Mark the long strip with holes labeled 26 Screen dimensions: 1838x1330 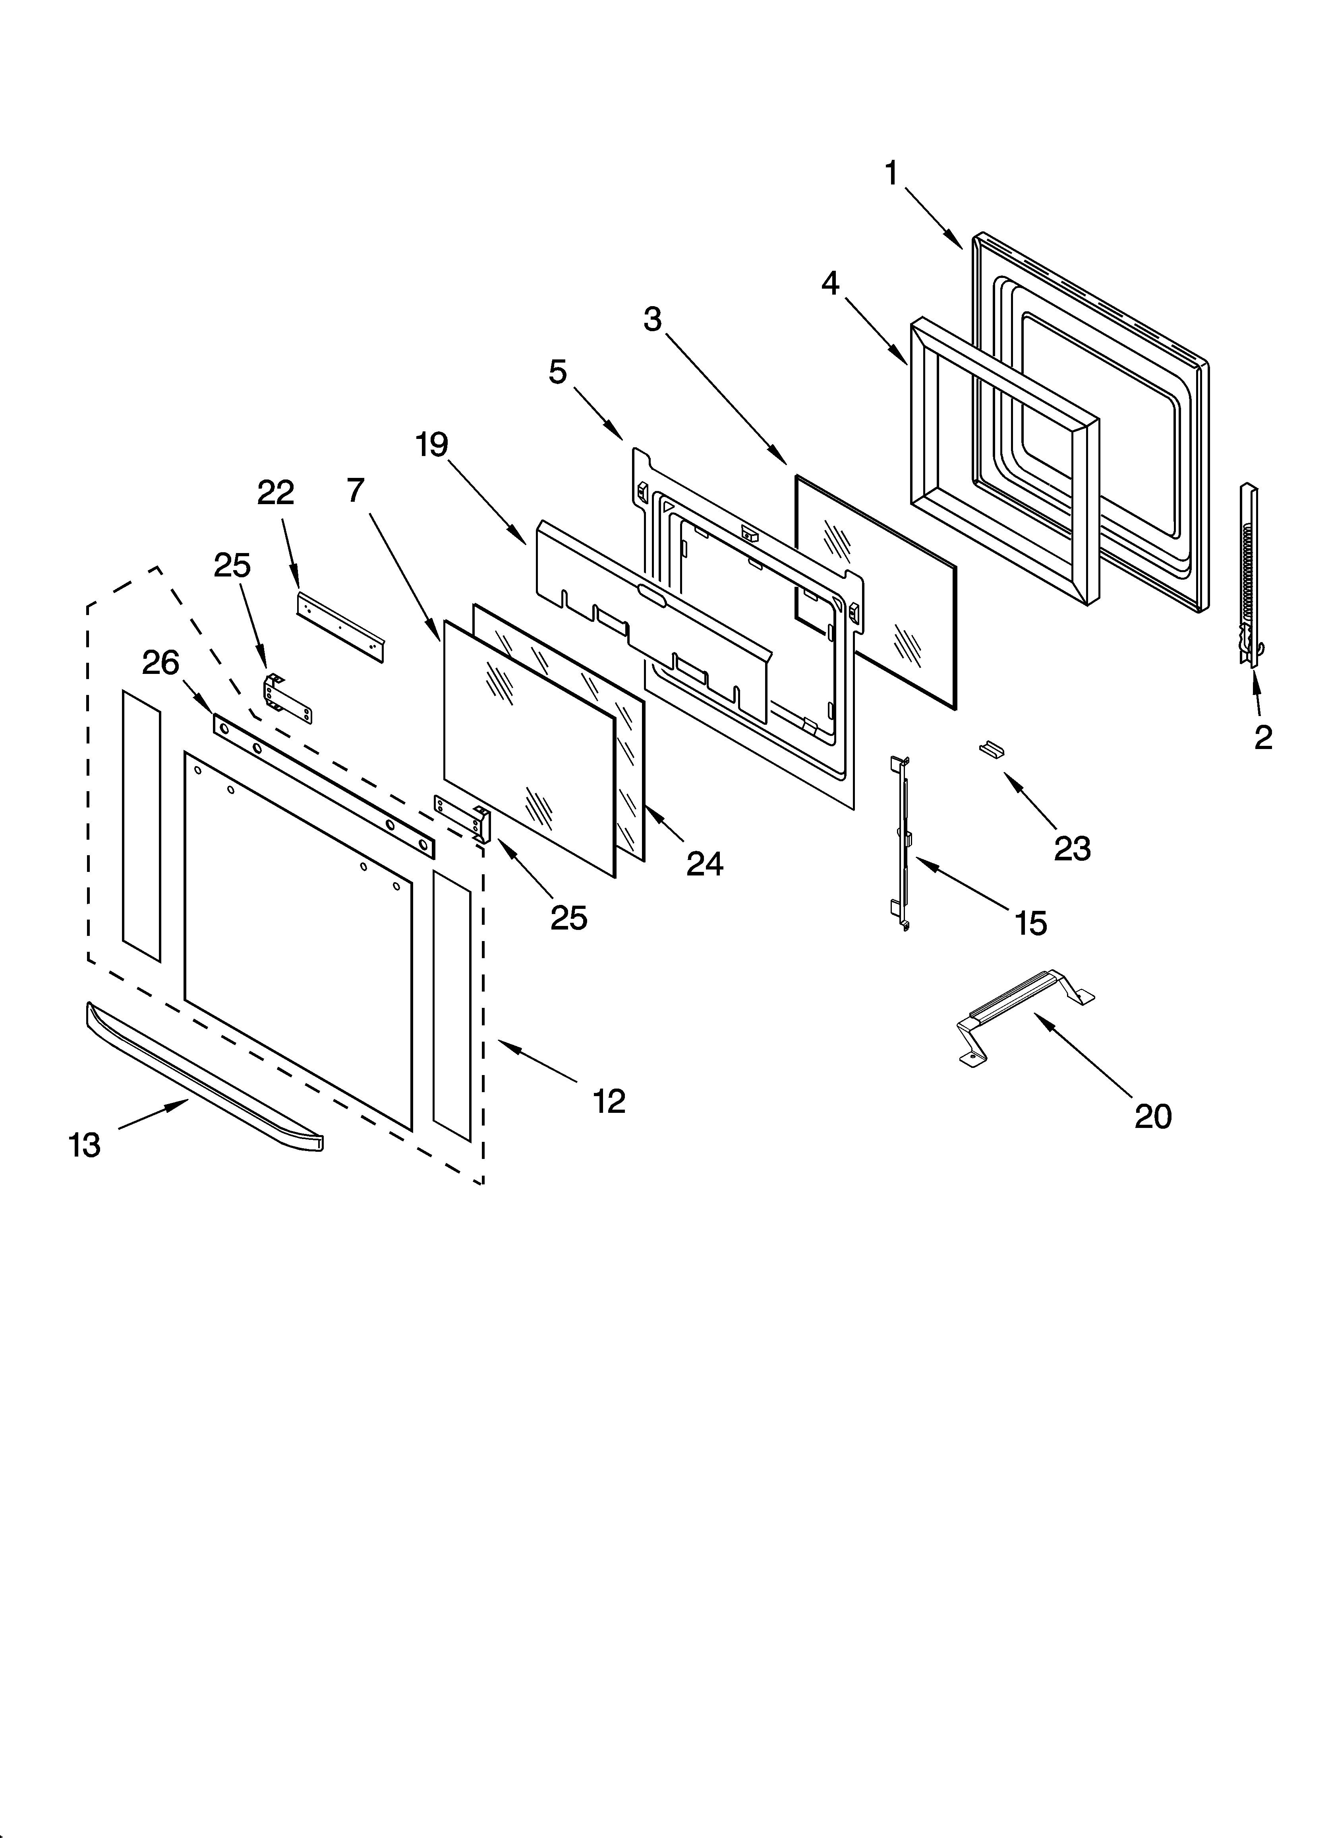click(324, 784)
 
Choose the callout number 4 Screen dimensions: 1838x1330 click(830, 283)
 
